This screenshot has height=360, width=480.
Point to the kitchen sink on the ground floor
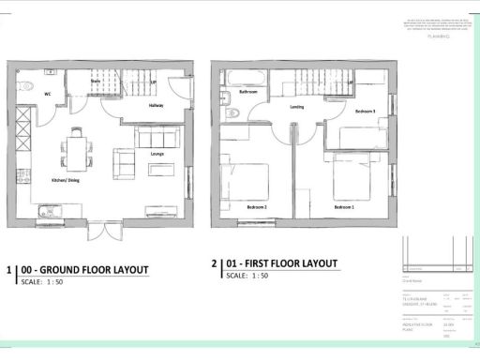(x=43, y=215)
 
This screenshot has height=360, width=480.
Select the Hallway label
(x=157, y=106)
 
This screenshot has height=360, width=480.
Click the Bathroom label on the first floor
(x=248, y=93)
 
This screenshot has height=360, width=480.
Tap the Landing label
(x=297, y=107)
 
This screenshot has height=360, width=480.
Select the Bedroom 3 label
(x=365, y=111)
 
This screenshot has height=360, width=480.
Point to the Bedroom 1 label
(x=345, y=205)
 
